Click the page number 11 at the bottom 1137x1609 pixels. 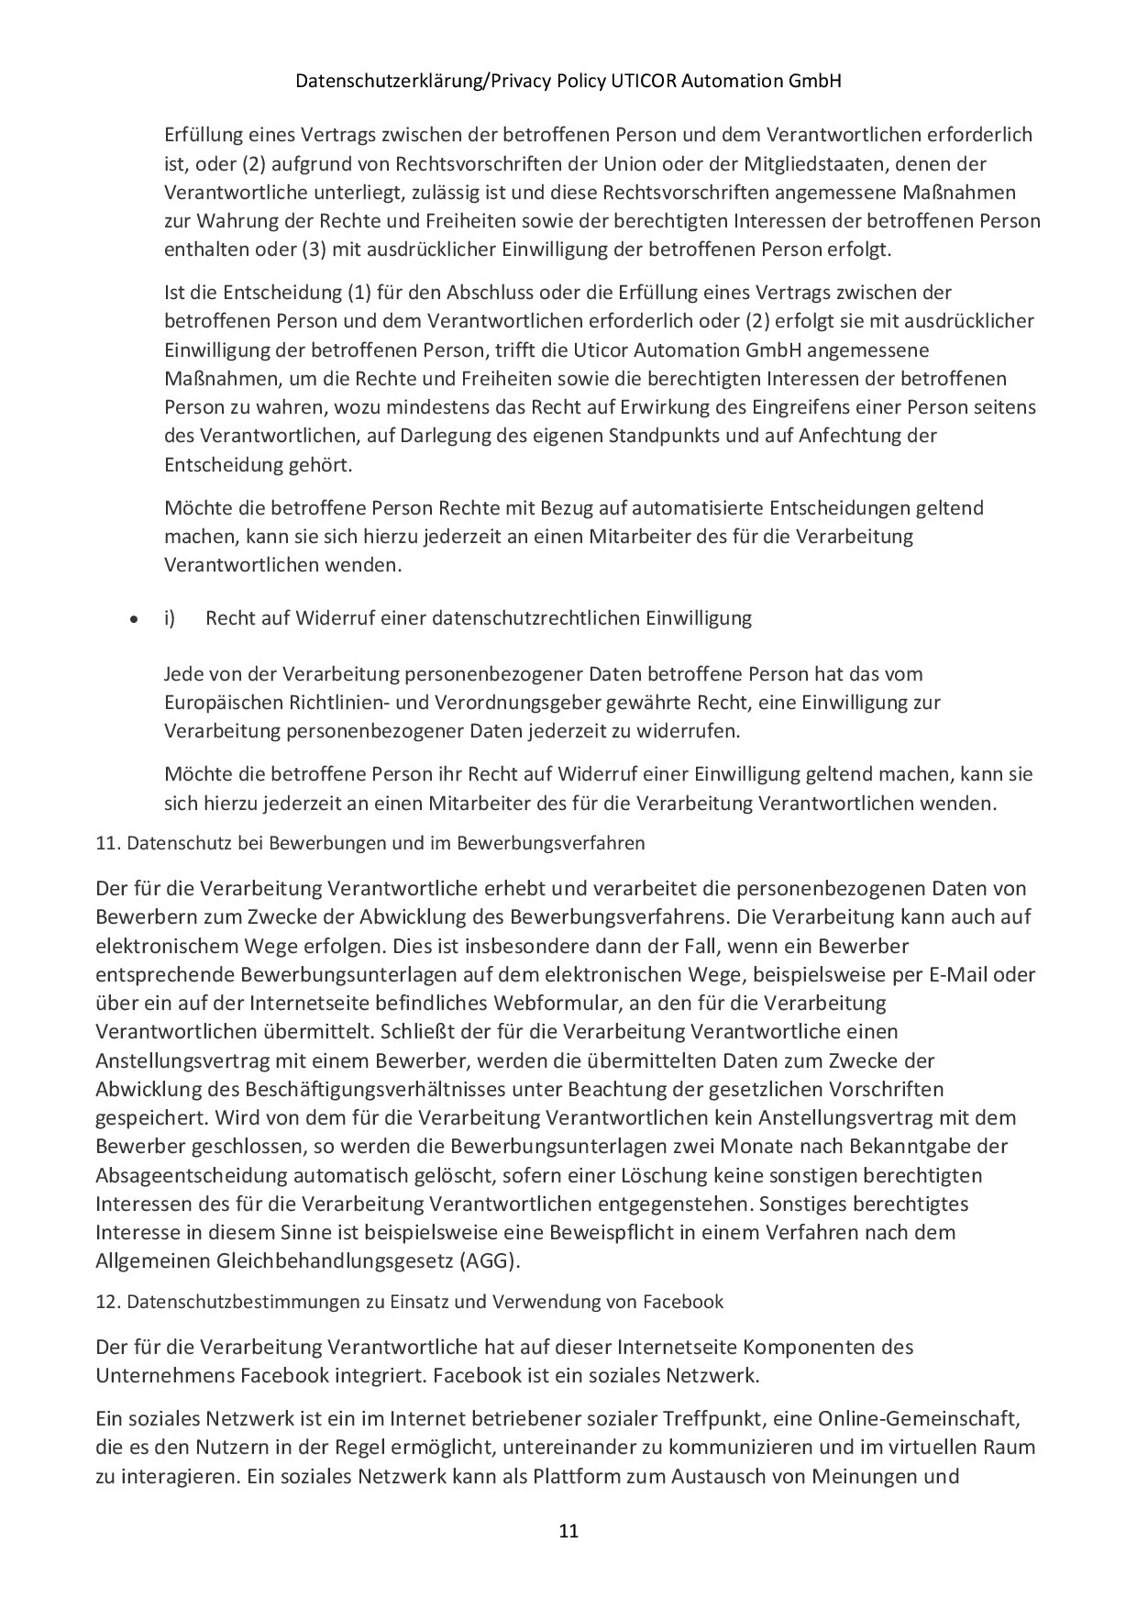pos(568,1531)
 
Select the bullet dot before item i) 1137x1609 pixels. pos(134,620)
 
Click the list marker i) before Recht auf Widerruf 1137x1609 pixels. pos(170,618)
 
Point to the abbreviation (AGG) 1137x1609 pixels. pos(488,1261)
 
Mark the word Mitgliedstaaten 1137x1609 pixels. pos(856,164)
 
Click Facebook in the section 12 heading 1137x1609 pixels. pos(682,1302)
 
